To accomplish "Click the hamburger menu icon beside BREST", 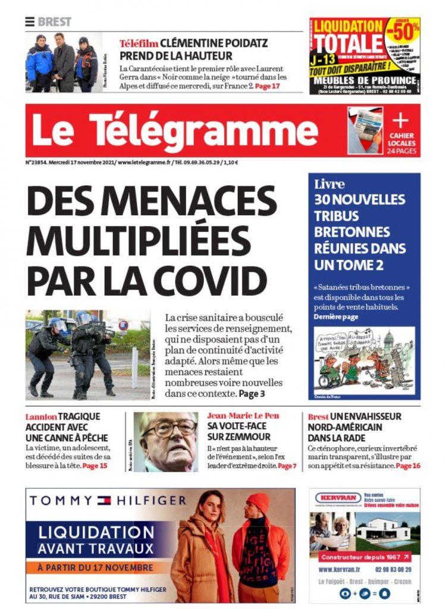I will click(30, 22).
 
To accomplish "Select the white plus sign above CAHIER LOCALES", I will click(400, 121).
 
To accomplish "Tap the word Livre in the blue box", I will click(329, 184).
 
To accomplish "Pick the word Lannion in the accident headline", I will click(40, 416).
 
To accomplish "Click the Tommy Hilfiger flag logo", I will click(104, 501).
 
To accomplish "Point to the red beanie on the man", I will click(257, 503).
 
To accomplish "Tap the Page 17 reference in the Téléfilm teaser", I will click(267, 86).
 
